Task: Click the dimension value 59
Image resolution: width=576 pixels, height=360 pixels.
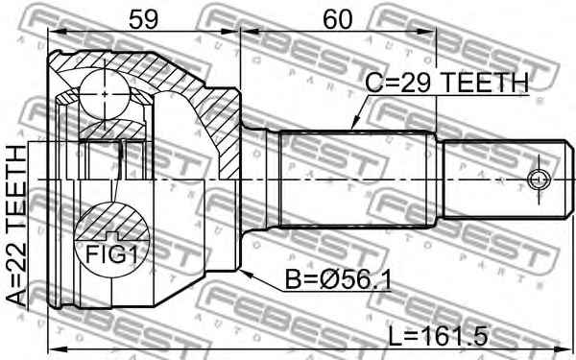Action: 143,19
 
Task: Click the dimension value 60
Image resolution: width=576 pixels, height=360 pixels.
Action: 337,19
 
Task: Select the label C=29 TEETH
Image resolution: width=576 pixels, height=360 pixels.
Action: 447,83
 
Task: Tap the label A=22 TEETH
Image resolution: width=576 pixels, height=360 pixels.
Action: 16,227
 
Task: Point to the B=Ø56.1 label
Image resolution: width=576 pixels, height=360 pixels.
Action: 338,281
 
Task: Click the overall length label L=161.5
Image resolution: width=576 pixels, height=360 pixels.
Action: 439,336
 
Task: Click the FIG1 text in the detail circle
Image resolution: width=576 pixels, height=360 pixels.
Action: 111,255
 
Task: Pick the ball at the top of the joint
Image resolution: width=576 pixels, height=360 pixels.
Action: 105,94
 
